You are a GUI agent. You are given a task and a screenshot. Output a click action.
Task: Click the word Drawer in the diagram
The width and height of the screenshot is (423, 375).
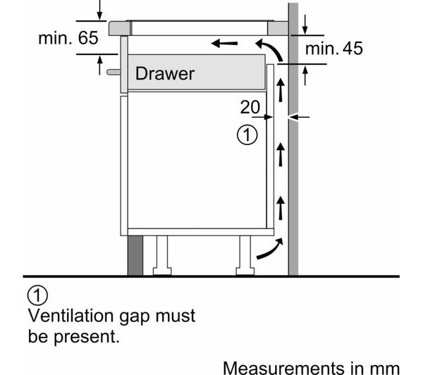[164, 73]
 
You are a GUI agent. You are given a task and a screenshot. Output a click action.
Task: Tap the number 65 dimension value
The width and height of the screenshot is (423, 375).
[88, 38]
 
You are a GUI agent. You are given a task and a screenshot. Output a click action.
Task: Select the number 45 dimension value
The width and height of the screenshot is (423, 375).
[352, 49]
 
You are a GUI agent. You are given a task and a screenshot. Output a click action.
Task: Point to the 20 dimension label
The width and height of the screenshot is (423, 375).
[250, 107]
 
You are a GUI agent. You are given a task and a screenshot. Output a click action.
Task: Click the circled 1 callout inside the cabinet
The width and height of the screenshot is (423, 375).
[247, 135]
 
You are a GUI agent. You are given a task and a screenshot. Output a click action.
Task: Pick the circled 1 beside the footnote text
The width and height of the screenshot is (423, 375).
[37, 295]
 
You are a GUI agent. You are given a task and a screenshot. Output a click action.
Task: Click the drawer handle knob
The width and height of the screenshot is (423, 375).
[114, 72]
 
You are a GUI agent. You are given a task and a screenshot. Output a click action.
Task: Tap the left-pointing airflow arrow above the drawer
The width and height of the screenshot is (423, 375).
[224, 43]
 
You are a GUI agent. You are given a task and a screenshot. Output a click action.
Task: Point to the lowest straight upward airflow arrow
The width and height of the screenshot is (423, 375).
[281, 208]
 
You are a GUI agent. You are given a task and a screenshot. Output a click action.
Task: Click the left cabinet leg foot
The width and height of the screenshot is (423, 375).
[162, 271]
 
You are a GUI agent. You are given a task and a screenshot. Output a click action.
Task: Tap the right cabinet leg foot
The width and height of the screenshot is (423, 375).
[245, 271]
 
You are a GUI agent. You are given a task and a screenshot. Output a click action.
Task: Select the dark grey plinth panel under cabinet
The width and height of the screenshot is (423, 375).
[135, 255]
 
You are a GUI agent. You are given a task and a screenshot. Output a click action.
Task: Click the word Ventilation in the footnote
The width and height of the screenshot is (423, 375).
[70, 315]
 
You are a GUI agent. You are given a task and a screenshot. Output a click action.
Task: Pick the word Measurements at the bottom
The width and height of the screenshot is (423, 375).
[283, 368]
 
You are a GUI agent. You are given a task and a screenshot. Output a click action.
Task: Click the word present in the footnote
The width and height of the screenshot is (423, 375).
[87, 337]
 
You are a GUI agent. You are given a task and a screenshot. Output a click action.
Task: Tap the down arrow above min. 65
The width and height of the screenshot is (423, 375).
[100, 10]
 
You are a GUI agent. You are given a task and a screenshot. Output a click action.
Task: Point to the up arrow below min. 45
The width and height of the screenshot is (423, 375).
[305, 76]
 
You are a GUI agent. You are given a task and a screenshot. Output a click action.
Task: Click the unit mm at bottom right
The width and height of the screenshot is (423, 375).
[385, 369]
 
